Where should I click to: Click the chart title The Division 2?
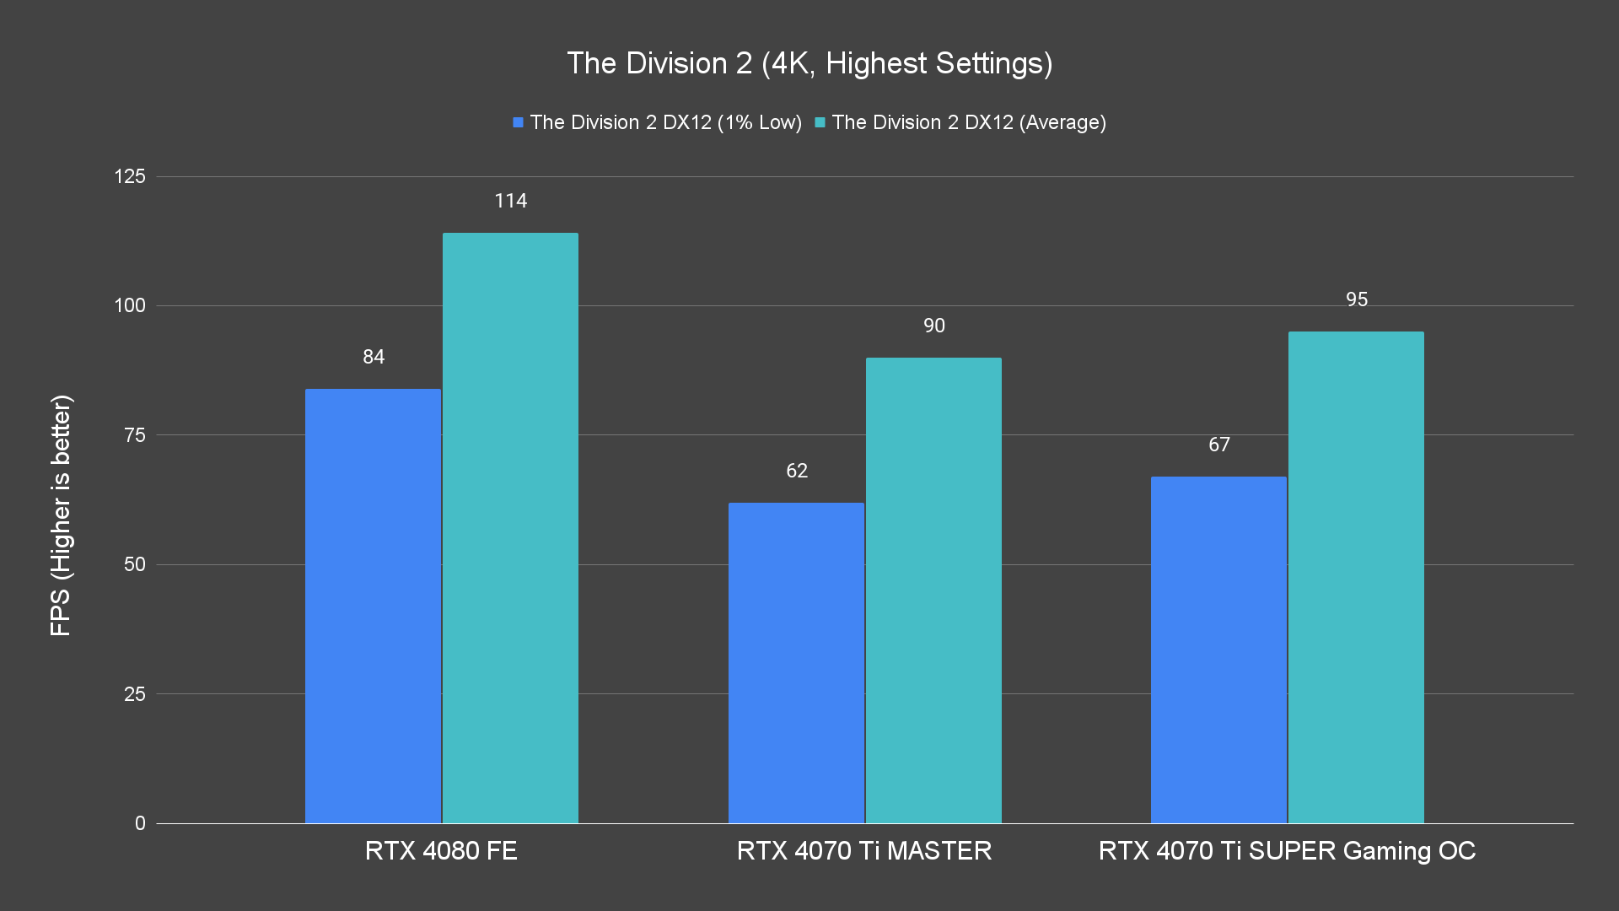[809, 63]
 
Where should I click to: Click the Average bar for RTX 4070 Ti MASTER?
[933, 590]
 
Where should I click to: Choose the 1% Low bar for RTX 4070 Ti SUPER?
[1218, 650]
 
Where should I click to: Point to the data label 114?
[510, 201]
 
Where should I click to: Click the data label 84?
[374, 357]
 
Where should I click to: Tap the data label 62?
[797, 471]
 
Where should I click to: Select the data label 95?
[1357, 299]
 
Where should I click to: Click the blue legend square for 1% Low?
[518, 123]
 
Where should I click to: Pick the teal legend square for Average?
[820, 123]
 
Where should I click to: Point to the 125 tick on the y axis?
[130, 176]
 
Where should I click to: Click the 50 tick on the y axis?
[135, 564]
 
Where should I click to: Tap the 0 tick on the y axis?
[140, 823]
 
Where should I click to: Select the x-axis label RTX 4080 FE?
[441, 850]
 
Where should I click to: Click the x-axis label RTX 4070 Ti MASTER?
[864, 850]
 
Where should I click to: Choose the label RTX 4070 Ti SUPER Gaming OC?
[1287, 850]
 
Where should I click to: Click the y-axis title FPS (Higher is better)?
[61, 515]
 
